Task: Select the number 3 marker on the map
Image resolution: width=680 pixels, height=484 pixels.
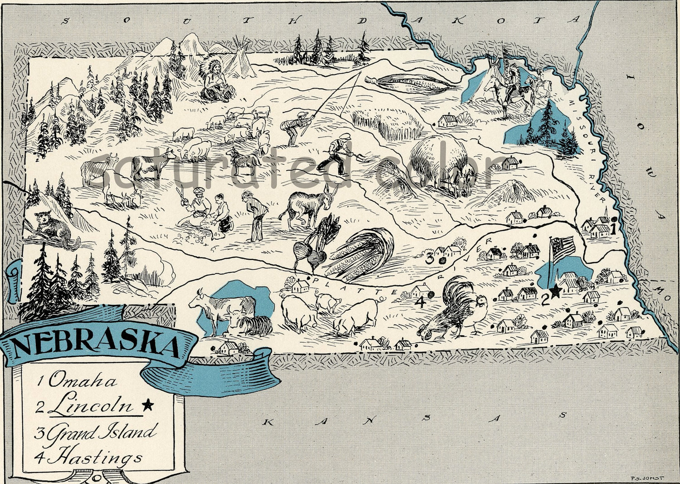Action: pyautogui.click(x=429, y=259)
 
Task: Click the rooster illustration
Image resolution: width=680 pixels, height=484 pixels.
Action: pyautogui.click(x=453, y=309)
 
